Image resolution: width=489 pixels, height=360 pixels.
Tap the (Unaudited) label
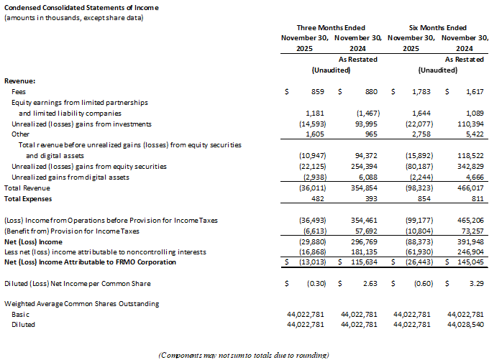[x=331, y=70]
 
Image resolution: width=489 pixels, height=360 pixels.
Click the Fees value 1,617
[x=470, y=92]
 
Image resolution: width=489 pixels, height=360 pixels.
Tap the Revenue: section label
[x=20, y=81]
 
